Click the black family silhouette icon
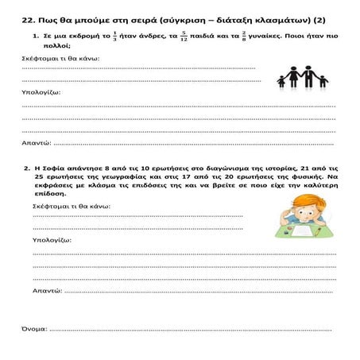[301, 78]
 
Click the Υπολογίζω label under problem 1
[40, 92]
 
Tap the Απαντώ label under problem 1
[36, 144]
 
